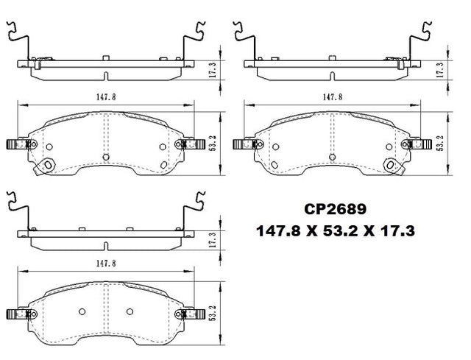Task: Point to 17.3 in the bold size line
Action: (398, 231)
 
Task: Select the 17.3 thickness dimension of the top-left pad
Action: (213, 71)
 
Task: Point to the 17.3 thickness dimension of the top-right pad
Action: (440, 71)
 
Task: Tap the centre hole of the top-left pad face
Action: (107, 156)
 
